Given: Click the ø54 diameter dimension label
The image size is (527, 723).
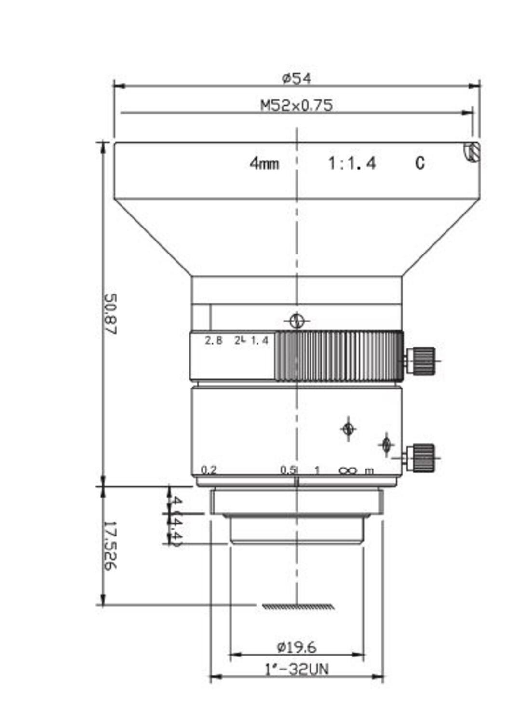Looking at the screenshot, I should (x=296, y=78).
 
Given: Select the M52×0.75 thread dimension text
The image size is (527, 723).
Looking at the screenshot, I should (x=296, y=105).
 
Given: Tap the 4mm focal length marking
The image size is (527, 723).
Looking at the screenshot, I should (x=264, y=163).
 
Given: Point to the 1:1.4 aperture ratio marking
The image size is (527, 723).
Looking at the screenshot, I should (x=351, y=163).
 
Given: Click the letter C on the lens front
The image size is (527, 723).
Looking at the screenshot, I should (x=419, y=163).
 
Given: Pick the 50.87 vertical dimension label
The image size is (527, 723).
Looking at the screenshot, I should (x=110, y=314).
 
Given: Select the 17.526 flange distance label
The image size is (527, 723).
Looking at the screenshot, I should (x=110, y=545).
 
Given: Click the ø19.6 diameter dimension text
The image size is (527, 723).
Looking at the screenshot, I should (x=296, y=646).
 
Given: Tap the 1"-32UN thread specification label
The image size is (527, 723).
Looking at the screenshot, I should (x=296, y=669).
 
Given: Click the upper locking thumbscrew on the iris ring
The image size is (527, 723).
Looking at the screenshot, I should (x=422, y=360).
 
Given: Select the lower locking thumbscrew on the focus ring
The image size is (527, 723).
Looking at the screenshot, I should (x=422, y=457).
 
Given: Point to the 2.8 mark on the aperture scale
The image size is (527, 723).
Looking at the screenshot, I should (x=214, y=341).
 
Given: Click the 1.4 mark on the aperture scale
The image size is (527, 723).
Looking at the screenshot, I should (x=259, y=341).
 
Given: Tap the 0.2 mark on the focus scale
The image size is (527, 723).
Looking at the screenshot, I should (x=209, y=469).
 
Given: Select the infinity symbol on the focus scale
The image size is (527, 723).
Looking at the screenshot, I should (x=347, y=470).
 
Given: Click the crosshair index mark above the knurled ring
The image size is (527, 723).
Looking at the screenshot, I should (x=297, y=321).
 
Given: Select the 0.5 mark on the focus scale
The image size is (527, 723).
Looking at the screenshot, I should (x=288, y=469).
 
